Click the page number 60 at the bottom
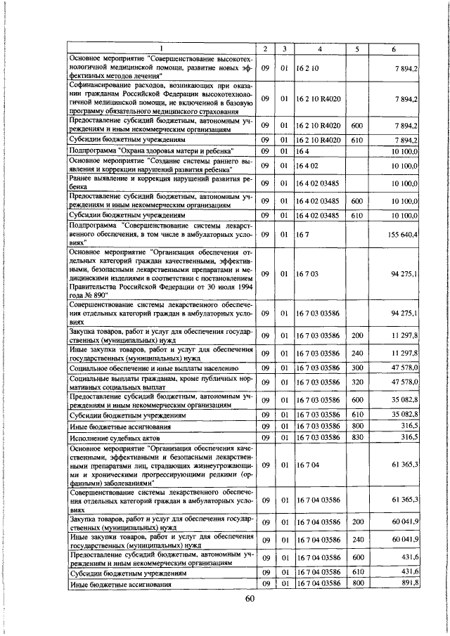249,598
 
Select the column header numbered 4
319,48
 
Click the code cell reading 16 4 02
310,165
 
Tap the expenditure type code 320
356,382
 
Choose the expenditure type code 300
356,368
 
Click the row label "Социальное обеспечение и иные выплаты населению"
155,368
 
